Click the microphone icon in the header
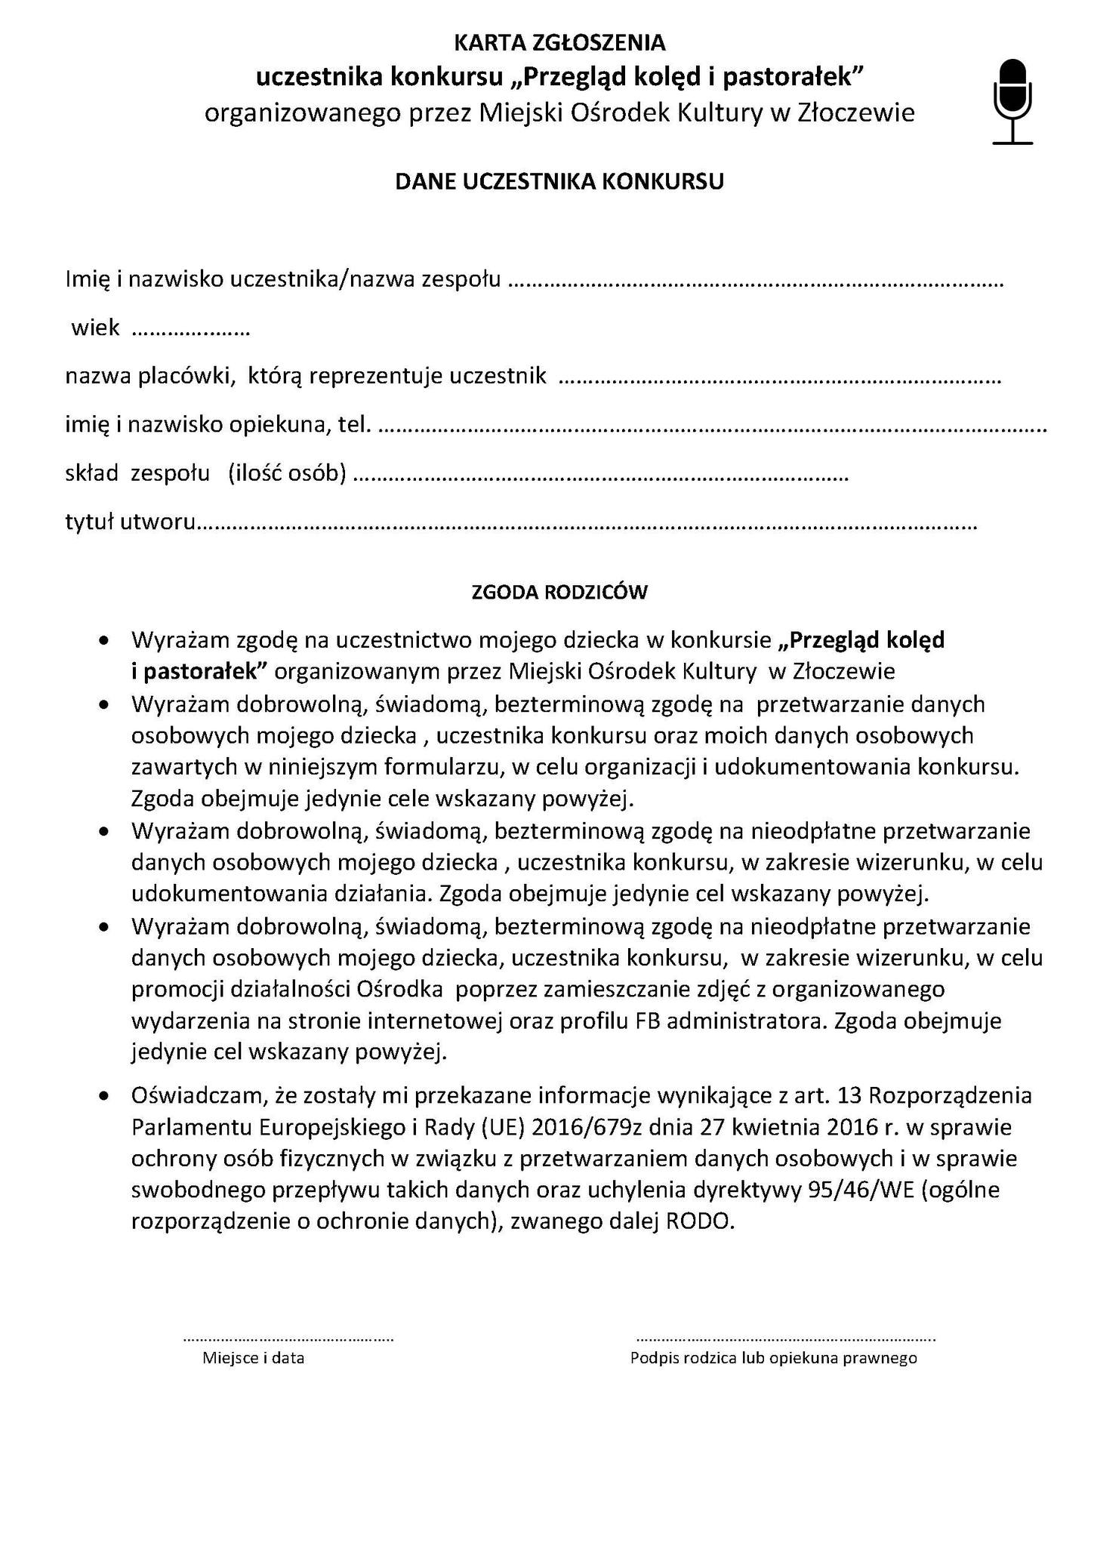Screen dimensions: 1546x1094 [x=1012, y=101]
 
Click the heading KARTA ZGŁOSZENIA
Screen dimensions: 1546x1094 [x=559, y=42]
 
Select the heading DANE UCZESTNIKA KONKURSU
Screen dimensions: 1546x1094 [x=559, y=182]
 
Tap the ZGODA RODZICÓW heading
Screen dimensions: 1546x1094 [x=559, y=592]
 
